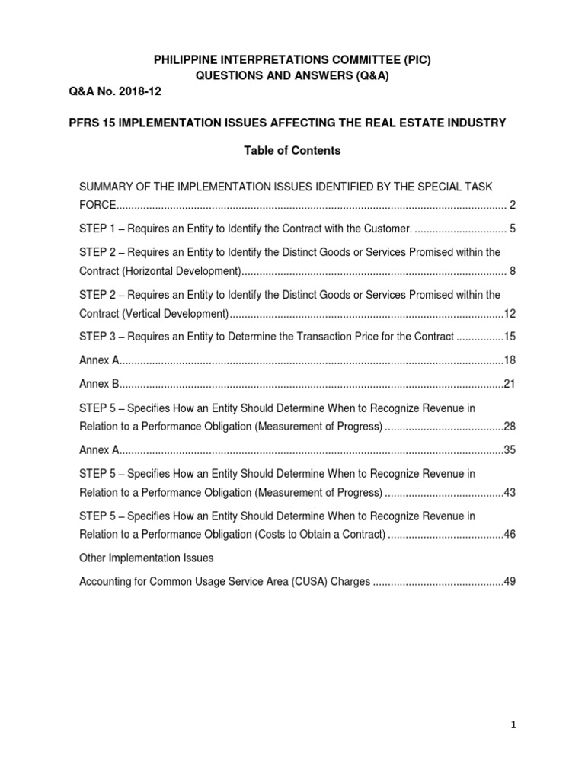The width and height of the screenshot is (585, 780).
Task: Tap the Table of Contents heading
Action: (x=292, y=151)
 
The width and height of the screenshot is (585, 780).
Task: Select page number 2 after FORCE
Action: (x=513, y=205)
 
